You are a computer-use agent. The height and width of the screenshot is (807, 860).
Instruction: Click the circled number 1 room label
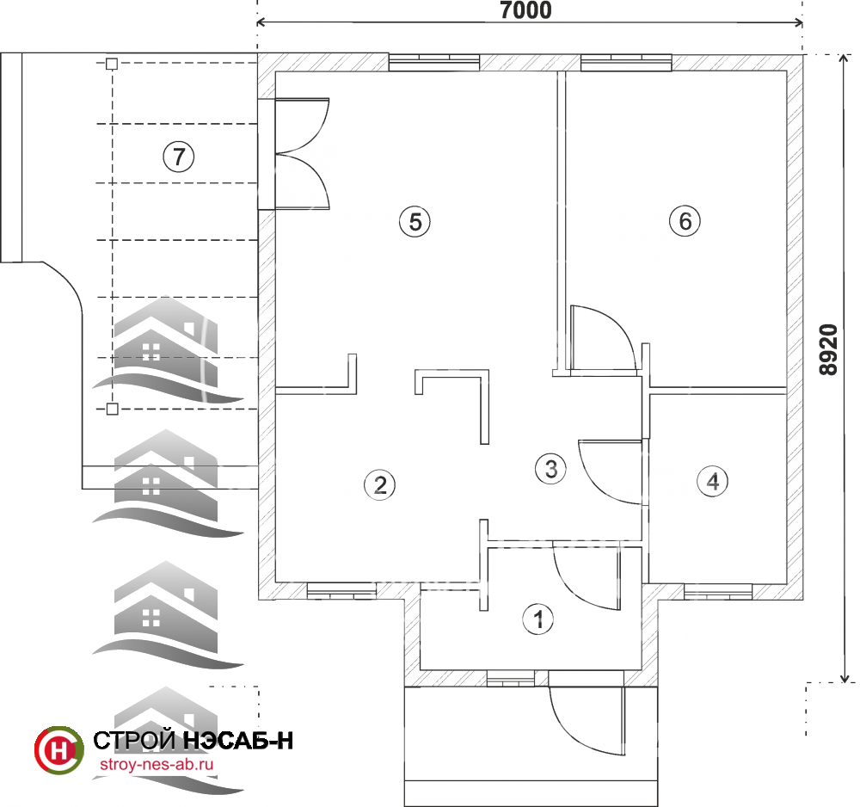pyautogui.click(x=537, y=619)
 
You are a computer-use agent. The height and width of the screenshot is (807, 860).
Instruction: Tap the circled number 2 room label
pyautogui.click(x=379, y=485)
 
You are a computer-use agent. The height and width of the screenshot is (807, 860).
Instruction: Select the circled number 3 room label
pyautogui.click(x=550, y=469)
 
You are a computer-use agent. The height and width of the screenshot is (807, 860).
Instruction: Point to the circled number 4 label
pyautogui.click(x=712, y=481)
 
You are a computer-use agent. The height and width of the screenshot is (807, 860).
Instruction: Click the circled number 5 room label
pyautogui.click(x=415, y=222)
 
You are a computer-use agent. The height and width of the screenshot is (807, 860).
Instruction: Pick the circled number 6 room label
pyautogui.click(x=685, y=221)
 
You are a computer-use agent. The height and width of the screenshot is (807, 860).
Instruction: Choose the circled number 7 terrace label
pyautogui.click(x=178, y=157)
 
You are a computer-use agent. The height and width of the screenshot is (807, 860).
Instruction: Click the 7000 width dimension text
pyautogui.click(x=525, y=9)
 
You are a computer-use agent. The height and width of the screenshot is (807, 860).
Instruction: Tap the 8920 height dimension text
pyautogui.click(x=828, y=349)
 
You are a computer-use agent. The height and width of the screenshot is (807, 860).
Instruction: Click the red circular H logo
pyautogui.click(x=59, y=750)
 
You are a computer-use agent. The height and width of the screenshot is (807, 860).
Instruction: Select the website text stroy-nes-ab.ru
pyautogui.click(x=157, y=764)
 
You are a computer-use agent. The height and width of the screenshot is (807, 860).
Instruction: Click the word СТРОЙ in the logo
pyautogui.click(x=134, y=741)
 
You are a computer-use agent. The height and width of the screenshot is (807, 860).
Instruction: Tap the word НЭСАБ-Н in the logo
pyautogui.click(x=237, y=741)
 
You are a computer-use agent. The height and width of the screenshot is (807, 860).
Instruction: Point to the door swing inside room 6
pyautogui.click(x=603, y=338)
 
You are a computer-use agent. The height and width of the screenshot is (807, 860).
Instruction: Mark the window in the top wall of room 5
pyautogui.click(x=434, y=62)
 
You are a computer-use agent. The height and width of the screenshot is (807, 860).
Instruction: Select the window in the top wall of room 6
pyautogui.click(x=626, y=62)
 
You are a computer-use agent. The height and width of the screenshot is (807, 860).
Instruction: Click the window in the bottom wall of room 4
pyautogui.click(x=718, y=591)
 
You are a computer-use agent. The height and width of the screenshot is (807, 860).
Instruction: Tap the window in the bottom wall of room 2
pyautogui.click(x=341, y=591)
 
